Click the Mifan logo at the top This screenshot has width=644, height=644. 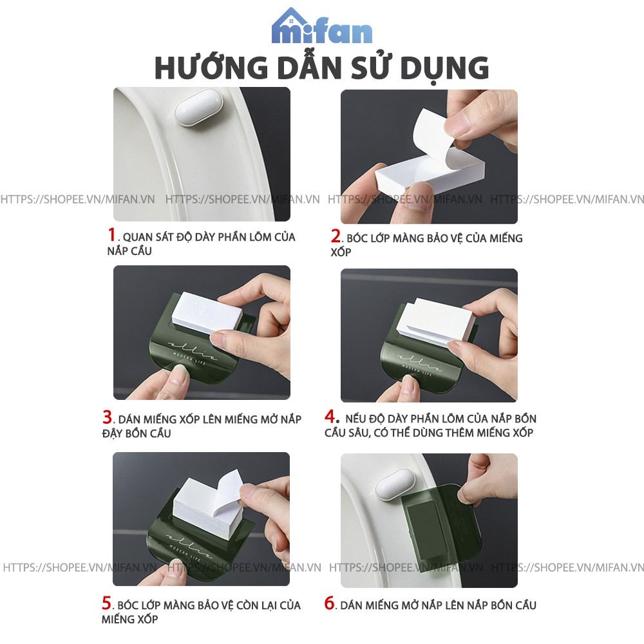322,26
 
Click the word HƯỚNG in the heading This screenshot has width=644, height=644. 211,68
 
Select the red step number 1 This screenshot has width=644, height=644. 111,234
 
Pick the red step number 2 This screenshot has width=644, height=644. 336,236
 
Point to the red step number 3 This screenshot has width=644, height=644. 107,417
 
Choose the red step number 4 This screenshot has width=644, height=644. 330,416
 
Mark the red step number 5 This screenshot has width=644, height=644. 106,603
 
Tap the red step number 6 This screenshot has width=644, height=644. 329,603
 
